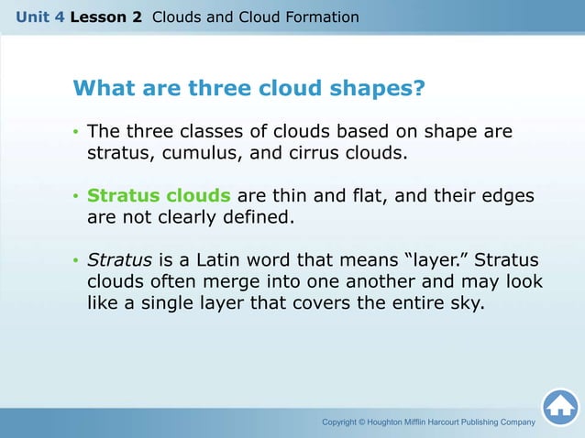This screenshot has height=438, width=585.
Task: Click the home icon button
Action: pyautogui.click(x=559, y=408)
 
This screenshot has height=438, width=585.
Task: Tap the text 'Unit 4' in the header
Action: pyautogui.click(x=34, y=17)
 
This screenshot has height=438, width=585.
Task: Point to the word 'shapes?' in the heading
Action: pyautogui.click(x=379, y=89)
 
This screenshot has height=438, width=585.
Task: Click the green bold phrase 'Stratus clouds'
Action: pyautogui.click(x=159, y=196)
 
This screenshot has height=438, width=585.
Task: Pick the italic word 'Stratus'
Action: pyautogui.click(x=120, y=260)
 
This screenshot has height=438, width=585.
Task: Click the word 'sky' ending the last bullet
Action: pyautogui.click(x=464, y=303)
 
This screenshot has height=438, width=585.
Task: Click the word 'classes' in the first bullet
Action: pyautogui.click(x=200, y=132)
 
